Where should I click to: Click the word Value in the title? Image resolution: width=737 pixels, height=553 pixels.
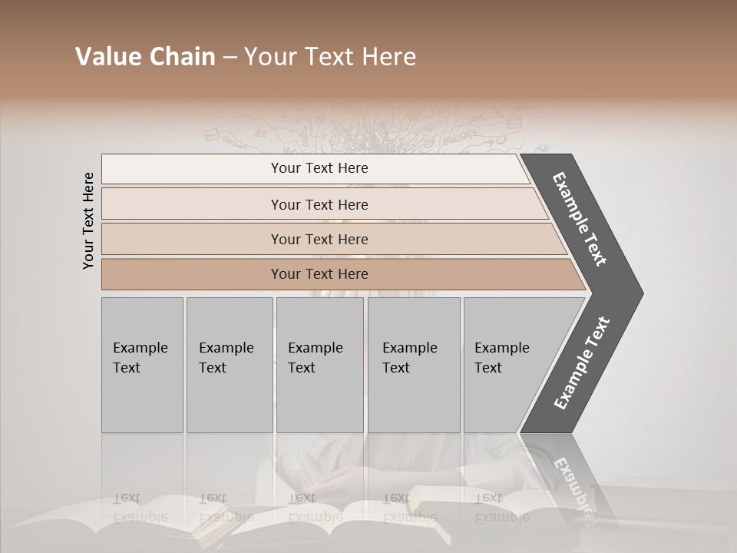click(107, 57)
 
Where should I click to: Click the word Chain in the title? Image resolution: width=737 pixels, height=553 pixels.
click(182, 57)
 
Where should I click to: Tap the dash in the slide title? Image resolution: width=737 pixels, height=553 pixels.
click(230, 58)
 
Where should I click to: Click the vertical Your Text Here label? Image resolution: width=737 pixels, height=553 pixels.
click(88, 220)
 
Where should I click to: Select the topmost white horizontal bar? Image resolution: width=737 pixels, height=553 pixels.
click(315, 168)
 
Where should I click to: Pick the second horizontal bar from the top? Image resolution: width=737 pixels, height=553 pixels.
click(322, 204)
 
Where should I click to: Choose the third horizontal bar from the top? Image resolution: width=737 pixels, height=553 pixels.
click(330, 239)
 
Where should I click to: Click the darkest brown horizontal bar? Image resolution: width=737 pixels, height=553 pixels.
click(338, 274)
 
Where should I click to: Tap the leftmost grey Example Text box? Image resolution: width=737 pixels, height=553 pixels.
click(142, 365)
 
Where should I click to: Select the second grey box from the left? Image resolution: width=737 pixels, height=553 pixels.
click(229, 365)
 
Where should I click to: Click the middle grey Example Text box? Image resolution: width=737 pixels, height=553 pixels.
click(319, 365)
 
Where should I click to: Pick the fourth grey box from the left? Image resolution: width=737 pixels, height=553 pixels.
click(413, 365)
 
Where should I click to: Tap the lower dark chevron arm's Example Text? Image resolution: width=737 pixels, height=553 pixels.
click(582, 363)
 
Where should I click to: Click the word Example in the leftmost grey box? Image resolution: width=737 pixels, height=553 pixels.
click(140, 348)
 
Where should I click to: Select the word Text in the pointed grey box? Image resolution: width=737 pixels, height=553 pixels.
click(488, 368)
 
